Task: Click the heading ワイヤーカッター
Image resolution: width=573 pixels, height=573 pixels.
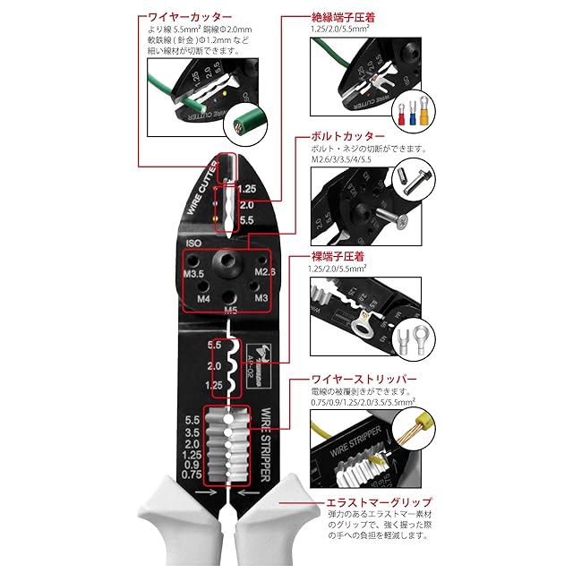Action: coord(189,16)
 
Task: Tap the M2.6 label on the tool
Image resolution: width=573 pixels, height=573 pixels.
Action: coord(266,271)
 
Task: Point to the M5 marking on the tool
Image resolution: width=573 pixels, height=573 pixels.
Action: coord(230,311)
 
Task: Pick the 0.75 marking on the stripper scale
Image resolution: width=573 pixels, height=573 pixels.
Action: coord(192,475)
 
